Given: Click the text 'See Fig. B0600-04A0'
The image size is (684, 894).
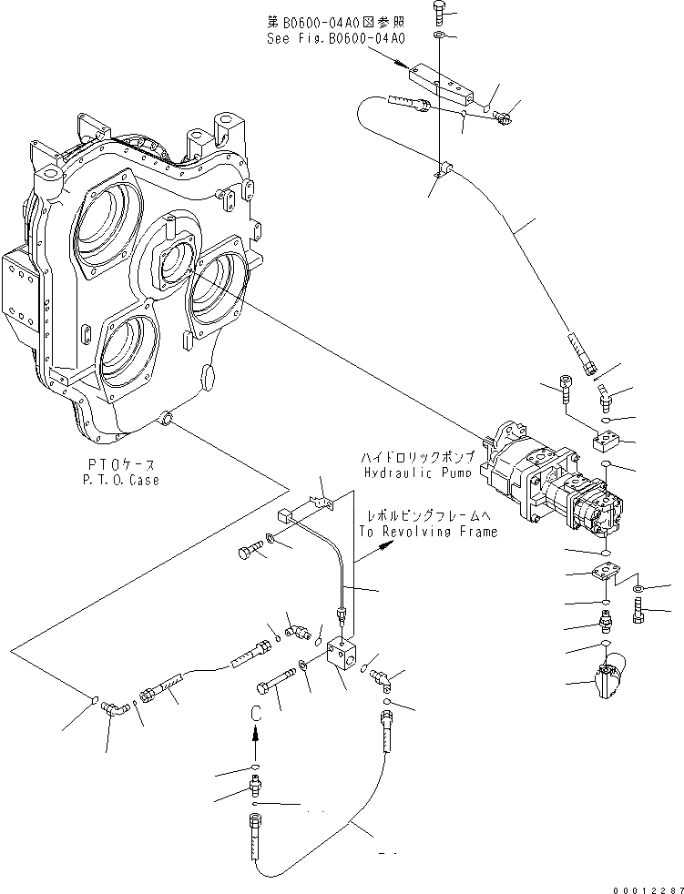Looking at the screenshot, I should pos(334,39).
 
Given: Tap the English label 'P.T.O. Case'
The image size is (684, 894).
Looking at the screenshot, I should pos(118,480).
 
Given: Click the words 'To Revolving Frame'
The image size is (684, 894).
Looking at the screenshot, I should pos(427,532).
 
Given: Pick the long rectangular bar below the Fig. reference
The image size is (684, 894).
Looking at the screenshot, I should pos(443,81).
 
